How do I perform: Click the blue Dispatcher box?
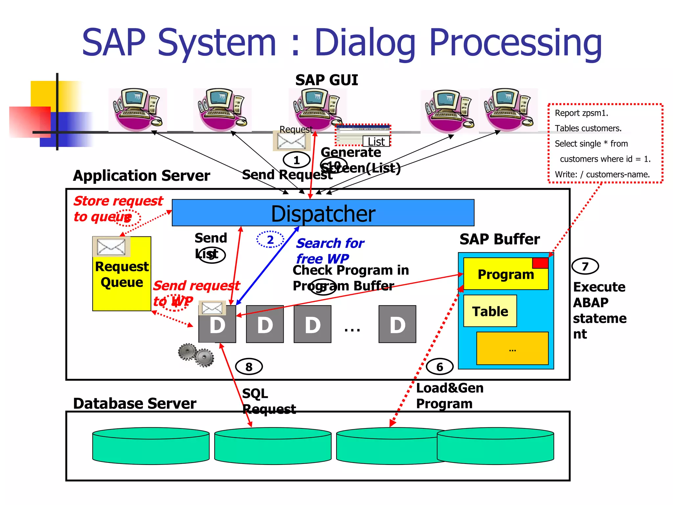[323, 213]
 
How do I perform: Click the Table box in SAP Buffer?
[490, 311]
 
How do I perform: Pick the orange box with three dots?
[512, 349]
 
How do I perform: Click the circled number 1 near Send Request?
[296, 160]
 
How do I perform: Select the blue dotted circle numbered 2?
[270, 239]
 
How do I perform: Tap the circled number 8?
[249, 367]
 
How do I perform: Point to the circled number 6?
[439, 367]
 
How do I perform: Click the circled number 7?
[585, 266]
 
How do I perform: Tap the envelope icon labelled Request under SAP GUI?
[291, 141]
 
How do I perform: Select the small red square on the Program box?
[540, 263]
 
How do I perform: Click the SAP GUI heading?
[326, 80]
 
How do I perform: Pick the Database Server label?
[134, 403]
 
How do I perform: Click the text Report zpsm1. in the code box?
[581, 113]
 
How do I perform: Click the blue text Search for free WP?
[330, 251]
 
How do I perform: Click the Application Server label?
[141, 176]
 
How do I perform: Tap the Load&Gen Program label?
[449, 396]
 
